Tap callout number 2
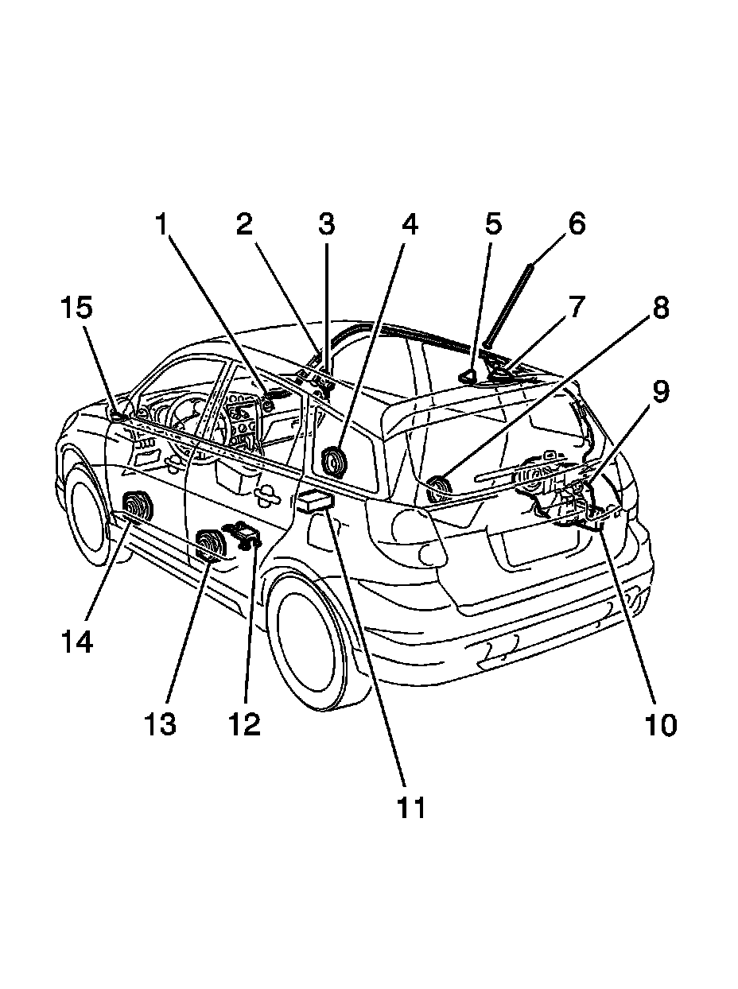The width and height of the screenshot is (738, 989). pos(243,225)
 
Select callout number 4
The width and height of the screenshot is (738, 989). pos(409,225)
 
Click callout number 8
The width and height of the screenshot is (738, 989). pos(661,307)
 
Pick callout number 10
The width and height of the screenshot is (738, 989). pos(661,724)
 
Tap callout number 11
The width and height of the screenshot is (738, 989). pos(411,806)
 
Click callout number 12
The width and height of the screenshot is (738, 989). pos(244,723)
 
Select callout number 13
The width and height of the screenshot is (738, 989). pos(161,723)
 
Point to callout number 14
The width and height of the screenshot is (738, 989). pos(78,640)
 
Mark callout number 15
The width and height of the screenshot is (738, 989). pos(78,307)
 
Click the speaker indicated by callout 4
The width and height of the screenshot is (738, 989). pos(334,462)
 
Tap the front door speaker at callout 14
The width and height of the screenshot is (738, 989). pos(138,507)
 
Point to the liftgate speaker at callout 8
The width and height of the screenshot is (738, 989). pos(438,486)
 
